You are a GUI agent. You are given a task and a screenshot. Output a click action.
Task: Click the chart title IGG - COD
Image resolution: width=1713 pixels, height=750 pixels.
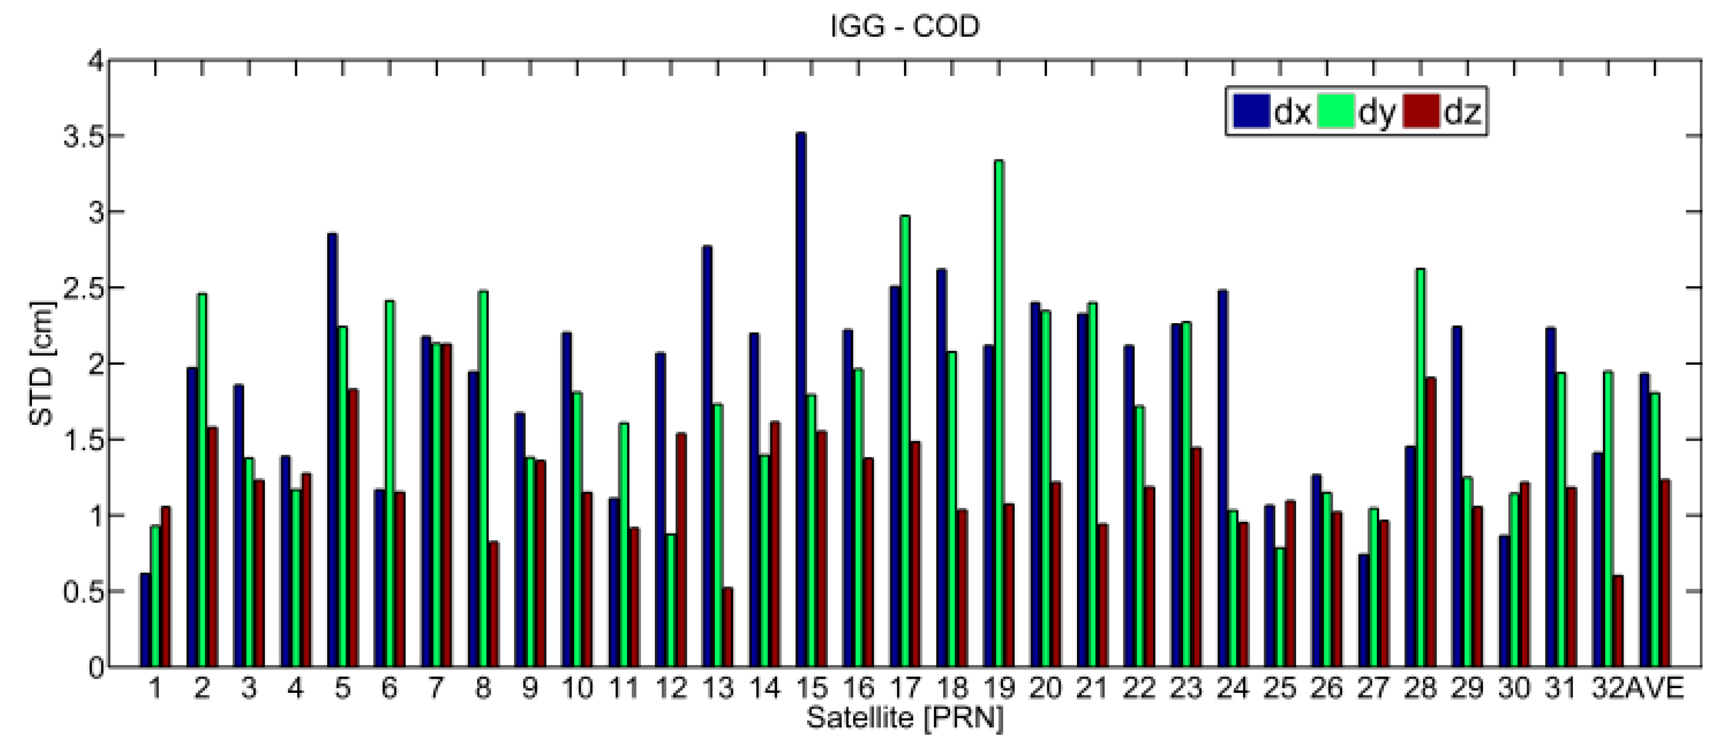[x=905, y=27]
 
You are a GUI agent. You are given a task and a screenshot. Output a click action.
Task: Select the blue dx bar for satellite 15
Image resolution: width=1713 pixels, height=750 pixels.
[x=801, y=399]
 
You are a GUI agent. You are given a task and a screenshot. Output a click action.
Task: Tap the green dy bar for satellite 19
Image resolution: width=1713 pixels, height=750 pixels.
[x=998, y=412]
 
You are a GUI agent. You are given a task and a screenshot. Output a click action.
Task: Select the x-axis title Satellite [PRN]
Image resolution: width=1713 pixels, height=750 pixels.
[x=904, y=718]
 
